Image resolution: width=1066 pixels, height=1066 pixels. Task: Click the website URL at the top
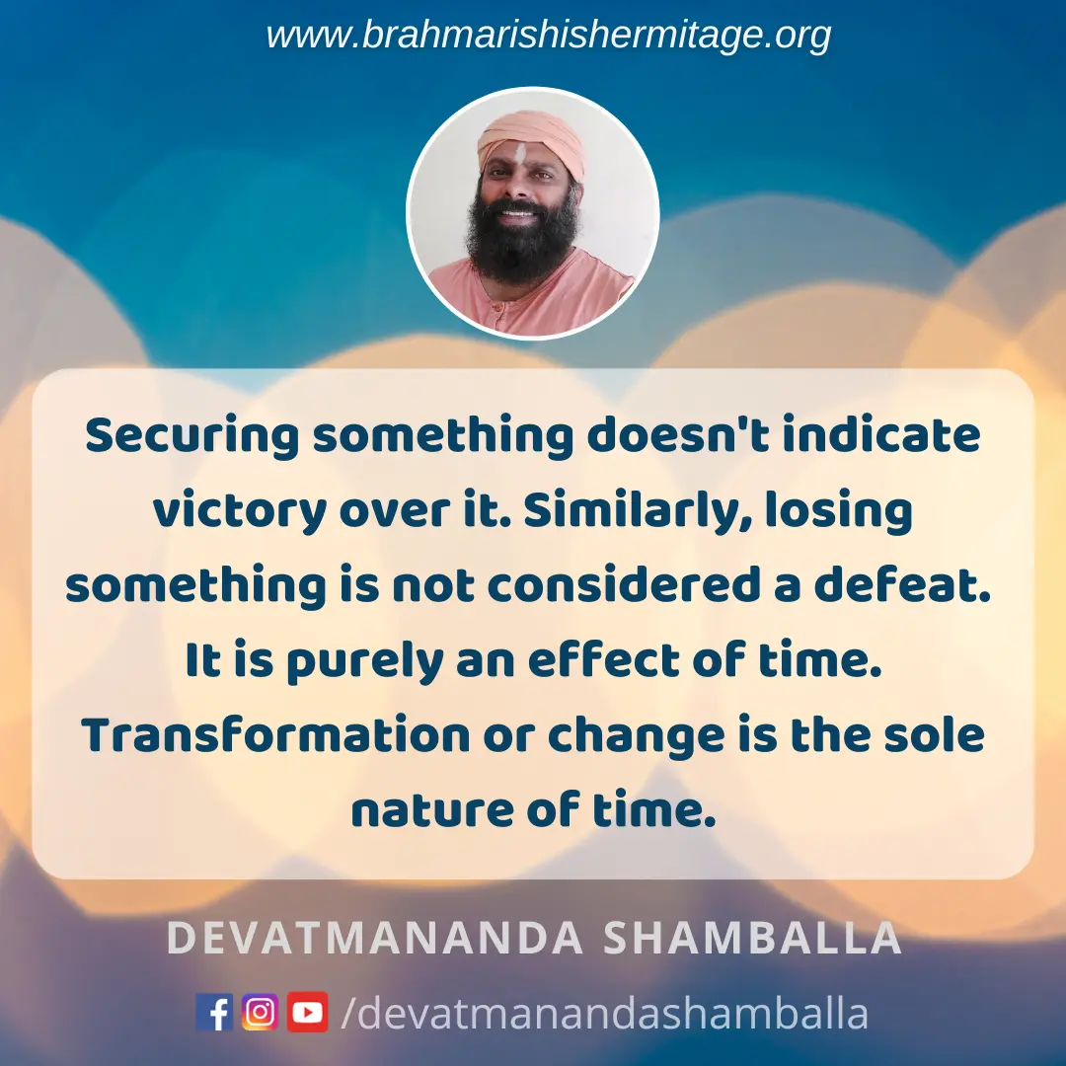pyautogui.click(x=548, y=36)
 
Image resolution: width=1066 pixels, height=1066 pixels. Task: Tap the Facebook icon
pyautogui.click(x=214, y=1012)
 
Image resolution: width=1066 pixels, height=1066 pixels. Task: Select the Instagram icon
pyautogui.click(x=260, y=1012)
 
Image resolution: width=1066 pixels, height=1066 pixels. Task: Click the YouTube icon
pyautogui.click(x=307, y=1012)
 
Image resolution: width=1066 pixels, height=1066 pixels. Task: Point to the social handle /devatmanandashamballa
pyautogui.click(x=604, y=1013)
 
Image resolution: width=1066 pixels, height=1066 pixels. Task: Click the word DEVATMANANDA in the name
pyautogui.click(x=375, y=939)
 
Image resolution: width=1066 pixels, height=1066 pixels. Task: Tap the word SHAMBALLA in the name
pyautogui.click(x=752, y=939)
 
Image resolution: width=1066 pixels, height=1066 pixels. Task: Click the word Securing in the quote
pyautogui.click(x=192, y=436)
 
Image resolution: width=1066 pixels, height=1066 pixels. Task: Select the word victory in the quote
pyautogui.click(x=239, y=511)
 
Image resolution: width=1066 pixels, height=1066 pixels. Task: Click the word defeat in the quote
pyautogui.click(x=902, y=584)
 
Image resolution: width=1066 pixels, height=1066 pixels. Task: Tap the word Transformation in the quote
pyautogui.click(x=275, y=735)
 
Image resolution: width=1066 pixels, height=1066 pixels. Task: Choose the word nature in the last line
pyautogui.click(x=431, y=810)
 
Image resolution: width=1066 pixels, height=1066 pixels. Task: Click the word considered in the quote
pyautogui.click(x=624, y=584)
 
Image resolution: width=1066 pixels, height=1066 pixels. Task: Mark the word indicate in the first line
pyautogui.click(x=881, y=435)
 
